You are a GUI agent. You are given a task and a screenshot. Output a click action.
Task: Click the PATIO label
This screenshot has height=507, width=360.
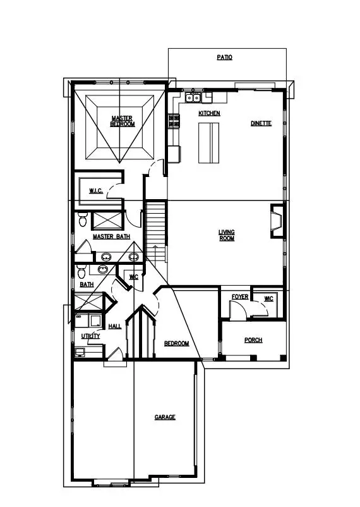(x=224, y=58)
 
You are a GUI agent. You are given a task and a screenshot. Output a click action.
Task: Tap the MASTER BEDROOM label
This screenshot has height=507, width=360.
(x=123, y=121)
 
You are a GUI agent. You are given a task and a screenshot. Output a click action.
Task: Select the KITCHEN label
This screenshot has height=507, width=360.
(x=209, y=113)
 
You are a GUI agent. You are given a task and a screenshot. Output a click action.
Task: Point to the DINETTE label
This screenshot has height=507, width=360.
(x=261, y=123)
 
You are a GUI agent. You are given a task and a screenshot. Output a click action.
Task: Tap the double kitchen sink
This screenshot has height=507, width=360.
(x=193, y=97)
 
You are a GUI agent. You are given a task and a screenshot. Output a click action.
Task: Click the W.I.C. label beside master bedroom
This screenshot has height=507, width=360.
(x=96, y=191)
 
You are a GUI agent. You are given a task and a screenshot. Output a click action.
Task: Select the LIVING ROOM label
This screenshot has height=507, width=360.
(x=227, y=235)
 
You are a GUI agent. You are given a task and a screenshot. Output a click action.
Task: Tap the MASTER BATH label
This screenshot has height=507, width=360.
(x=111, y=236)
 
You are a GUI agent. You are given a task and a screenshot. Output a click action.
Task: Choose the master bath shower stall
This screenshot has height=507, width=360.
(x=108, y=220)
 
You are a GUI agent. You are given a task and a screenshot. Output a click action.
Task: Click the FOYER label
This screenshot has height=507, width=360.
(x=239, y=296)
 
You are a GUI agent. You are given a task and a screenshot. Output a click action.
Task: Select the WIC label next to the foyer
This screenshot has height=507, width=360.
(x=268, y=298)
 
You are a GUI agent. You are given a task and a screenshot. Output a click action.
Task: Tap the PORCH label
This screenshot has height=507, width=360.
(x=253, y=340)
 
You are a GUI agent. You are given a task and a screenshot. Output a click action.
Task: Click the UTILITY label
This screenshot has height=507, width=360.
(x=90, y=336)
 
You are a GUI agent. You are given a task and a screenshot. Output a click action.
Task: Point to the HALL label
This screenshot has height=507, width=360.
(x=115, y=326)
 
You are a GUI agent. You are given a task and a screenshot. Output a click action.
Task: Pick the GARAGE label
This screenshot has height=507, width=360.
(x=165, y=417)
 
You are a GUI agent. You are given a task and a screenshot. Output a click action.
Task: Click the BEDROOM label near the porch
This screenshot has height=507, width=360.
(x=176, y=343)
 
